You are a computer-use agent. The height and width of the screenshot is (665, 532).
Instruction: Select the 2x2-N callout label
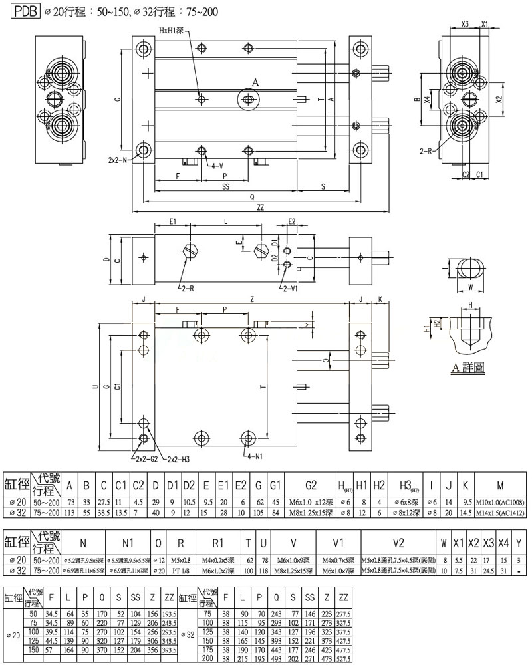pos(119,160)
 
